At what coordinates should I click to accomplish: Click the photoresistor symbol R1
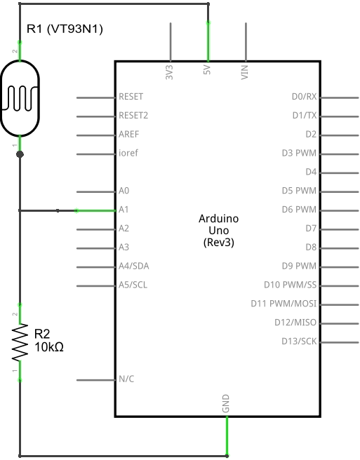pos(20,97)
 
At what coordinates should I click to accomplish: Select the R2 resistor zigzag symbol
pos(20,342)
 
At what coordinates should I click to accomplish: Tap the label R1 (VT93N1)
pos(65,29)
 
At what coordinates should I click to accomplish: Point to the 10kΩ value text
pos(48,347)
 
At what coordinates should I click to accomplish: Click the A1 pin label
pos(124,210)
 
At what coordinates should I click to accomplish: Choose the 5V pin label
pos(207,72)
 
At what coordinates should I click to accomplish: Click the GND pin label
pos(227,405)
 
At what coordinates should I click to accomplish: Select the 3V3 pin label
pos(170,72)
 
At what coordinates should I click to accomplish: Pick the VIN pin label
pos(245,72)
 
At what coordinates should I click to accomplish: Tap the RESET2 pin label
pos(133,115)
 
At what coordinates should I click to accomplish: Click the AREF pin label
pos(128,134)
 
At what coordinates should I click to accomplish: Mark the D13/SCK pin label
pos(298,342)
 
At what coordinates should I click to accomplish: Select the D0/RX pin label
pos(304,97)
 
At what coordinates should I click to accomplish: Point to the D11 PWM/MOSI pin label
pos(284,304)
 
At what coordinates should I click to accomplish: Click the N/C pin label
pos(126,380)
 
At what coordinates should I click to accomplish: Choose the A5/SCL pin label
pos(133,285)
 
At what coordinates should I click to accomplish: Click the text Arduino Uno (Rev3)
pos(218,230)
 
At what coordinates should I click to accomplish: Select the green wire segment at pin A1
pos(95,210)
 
